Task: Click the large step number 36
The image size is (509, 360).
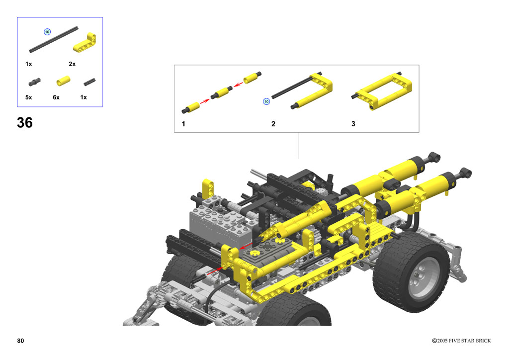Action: [x=25, y=123]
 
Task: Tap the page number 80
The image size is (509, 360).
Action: [x=20, y=341]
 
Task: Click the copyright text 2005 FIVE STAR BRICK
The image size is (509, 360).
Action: [x=464, y=341]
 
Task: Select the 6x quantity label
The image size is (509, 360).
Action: [x=56, y=97]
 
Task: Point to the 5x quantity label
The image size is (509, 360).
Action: [x=28, y=97]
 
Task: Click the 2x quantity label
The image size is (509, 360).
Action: [x=72, y=64]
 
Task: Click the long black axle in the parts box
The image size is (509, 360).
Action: [x=54, y=40]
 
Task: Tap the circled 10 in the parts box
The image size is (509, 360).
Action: [x=47, y=32]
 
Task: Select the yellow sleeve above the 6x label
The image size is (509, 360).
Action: [x=63, y=81]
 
